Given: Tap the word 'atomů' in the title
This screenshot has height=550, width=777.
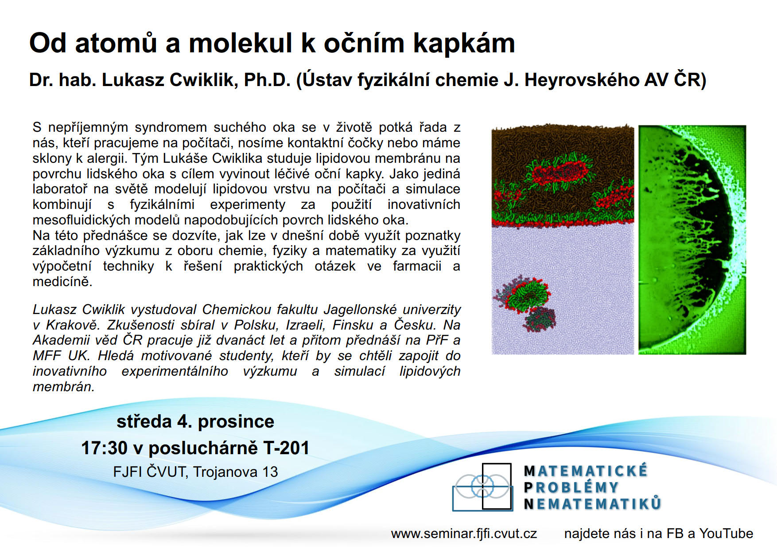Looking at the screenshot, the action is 116,43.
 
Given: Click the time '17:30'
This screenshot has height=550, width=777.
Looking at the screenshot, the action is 105,448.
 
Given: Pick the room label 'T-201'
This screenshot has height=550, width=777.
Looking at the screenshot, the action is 286,448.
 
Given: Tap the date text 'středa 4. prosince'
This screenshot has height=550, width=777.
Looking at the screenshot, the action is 195,421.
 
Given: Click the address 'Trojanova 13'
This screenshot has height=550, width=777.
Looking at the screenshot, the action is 235,471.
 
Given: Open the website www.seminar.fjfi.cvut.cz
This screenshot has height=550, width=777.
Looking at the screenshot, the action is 464,534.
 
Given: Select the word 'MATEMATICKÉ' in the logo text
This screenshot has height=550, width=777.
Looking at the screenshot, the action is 586,471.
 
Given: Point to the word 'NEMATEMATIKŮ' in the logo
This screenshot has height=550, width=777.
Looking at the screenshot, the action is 592,504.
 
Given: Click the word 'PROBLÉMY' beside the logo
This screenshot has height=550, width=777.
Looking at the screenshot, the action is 571,487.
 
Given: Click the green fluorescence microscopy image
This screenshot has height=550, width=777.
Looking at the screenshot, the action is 692,240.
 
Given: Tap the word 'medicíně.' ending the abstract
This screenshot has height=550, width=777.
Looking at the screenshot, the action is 62,282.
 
